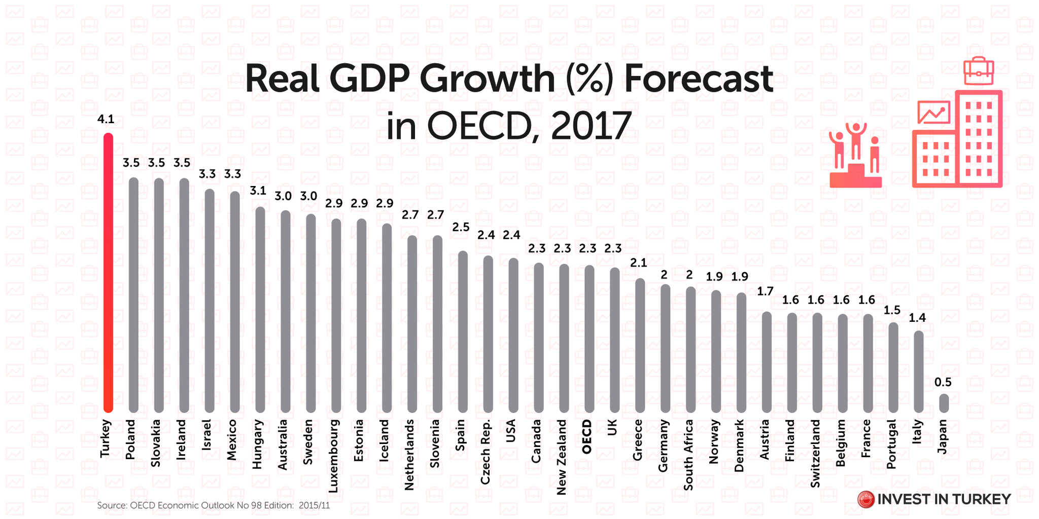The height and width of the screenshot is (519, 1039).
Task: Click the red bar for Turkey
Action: (108, 274)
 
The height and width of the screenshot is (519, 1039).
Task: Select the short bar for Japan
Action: (944, 403)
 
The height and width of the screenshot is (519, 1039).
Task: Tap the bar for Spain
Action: (463, 332)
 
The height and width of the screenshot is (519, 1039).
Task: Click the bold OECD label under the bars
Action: (587, 437)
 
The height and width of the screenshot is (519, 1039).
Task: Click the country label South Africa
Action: (688, 455)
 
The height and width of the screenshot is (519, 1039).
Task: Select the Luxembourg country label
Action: (333, 456)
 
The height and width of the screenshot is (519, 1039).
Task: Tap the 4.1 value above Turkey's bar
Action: (106, 120)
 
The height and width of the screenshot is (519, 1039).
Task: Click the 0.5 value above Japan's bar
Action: (943, 382)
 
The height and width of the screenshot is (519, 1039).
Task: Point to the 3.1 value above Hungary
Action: (258, 191)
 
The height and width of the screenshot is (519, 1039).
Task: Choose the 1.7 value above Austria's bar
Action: (765, 291)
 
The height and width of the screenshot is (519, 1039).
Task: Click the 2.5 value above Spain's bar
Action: (461, 227)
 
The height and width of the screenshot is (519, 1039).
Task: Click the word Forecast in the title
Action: (698, 80)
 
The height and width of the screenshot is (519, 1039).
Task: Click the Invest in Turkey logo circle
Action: (866, 499)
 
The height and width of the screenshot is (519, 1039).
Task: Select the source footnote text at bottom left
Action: (214, 505)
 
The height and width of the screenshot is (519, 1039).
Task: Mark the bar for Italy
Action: (918, 372)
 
